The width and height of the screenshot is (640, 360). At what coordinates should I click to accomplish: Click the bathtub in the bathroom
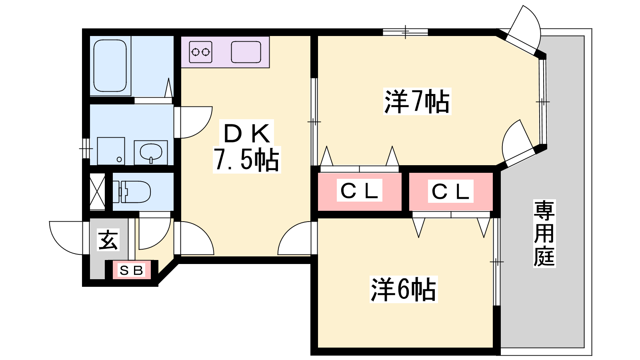click(110, 66)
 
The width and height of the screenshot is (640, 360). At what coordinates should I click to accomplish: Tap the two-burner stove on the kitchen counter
click(200, 52)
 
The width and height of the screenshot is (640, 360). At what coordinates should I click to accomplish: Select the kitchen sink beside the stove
click(246, 52)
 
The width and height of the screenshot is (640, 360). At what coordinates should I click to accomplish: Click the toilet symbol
click(132, 192)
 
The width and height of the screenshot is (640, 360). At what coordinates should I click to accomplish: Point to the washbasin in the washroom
click(150, 152)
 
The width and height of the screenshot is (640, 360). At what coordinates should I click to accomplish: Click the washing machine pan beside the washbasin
click(111, 151)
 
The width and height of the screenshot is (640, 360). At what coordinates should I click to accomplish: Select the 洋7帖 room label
click(417, 101)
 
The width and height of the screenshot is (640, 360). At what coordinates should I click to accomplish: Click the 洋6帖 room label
click(403, 289)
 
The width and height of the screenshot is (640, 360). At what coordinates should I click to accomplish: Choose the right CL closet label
click(450, 191)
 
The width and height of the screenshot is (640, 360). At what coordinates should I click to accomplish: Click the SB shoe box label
click(132, 270)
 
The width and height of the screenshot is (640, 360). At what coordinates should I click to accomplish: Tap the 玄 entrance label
click(108, 240)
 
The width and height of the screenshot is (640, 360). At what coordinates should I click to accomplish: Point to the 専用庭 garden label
click(544, 234)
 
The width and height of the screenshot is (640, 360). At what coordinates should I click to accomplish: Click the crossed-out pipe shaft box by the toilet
click(97, 192)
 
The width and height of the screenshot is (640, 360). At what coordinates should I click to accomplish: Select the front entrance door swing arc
click(66, 238)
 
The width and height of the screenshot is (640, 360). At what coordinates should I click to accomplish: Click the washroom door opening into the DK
click(194, 122)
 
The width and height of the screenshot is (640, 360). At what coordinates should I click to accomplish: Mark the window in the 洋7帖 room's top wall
click(405, 32)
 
